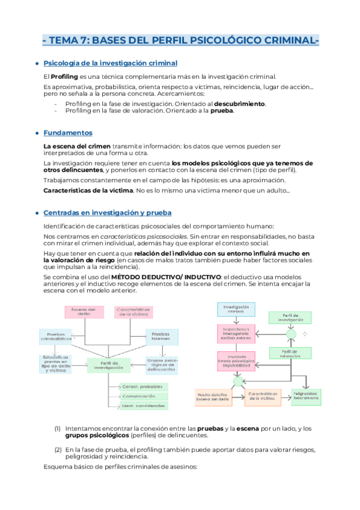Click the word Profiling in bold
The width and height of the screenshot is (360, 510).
tap(64, 76)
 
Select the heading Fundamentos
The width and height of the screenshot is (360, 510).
tap(68, 132)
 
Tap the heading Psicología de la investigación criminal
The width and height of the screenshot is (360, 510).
tap(111, 63)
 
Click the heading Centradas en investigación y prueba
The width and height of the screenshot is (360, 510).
tap(107, 212)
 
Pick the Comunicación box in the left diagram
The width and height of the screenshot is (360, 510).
tap(144, 396)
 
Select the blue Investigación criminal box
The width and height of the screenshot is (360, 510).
tap(235, 309)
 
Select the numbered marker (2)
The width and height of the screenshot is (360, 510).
tap(58, 449)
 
